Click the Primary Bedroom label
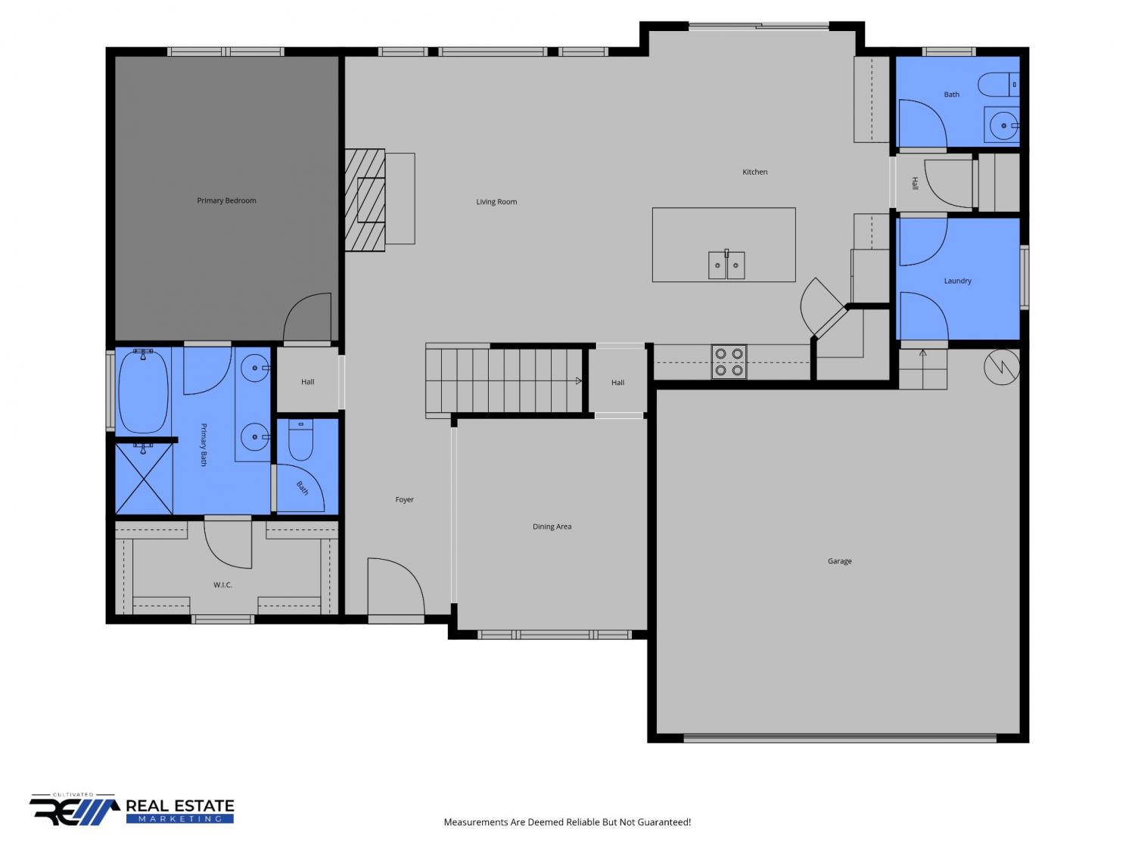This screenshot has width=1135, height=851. click(x=226, y=200)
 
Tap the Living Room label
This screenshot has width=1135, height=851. click(x=496, y=201)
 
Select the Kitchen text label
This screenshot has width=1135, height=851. click(x=754, y=172)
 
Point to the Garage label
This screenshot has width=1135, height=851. click(x=839, y=561)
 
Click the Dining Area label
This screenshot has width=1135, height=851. click(x=552, y=526)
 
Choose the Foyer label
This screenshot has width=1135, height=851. click(x=404, y=499)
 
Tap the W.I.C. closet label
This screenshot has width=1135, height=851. click(x=222, y=585)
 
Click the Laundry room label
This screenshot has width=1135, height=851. click(x=957, y=281)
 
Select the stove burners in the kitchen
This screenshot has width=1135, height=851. click(x=729, y=362)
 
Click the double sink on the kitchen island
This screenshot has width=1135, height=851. click(x=726, y=265)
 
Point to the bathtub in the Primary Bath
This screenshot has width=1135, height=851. click(x=143, y=392)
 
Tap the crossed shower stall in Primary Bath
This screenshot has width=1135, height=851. click(x=144, y=479)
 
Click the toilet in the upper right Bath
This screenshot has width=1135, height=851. click(x=998, y=85)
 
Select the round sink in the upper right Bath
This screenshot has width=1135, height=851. click(x=1003, y=126)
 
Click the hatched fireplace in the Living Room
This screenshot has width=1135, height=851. click(x=365, y=200)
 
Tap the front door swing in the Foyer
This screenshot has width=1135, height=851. click(x=396, y=586)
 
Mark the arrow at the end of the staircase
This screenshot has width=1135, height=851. click(x=578, y=380)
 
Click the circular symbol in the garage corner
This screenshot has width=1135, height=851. click(x=1002, y=368)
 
